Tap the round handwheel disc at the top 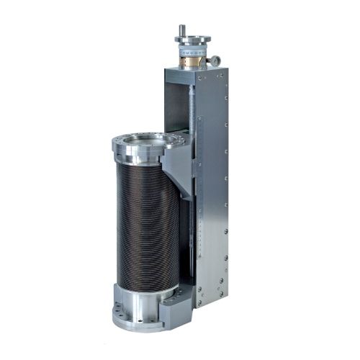point(192,40)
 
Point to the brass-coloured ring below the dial point(192,63)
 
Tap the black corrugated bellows point(144,223)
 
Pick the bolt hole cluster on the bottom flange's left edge point(117,313)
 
